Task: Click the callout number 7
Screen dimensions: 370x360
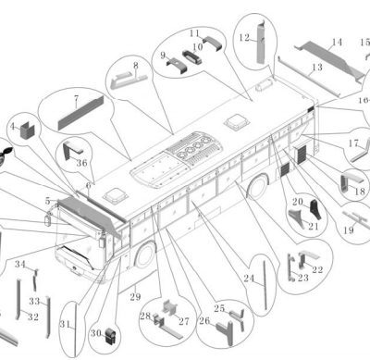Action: [x=76, y=99]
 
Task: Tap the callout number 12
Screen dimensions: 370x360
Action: [x=244, y=38]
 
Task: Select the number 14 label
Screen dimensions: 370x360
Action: [x=337, y=42]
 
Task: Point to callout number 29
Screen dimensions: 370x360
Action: [x=135, y=297]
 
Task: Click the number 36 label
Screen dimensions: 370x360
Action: [x=82, y=163]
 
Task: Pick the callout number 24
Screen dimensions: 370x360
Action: [x=249, y=279]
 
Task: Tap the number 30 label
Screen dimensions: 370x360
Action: [x=95, y=333]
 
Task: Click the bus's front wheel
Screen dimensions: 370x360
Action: [x=144, y=254]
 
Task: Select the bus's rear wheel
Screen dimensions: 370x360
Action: [x=258, y=186]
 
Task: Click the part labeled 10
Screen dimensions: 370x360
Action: [x=191, y=57]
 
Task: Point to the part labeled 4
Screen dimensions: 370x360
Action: [x=28, y=130]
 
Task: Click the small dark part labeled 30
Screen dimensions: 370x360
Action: [x=109, y=336]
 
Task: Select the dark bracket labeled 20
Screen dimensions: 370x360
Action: [x=315, y=210]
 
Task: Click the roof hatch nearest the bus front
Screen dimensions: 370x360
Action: [x=115, y=195]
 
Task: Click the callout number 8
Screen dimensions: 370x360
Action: [x=136, y=66]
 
